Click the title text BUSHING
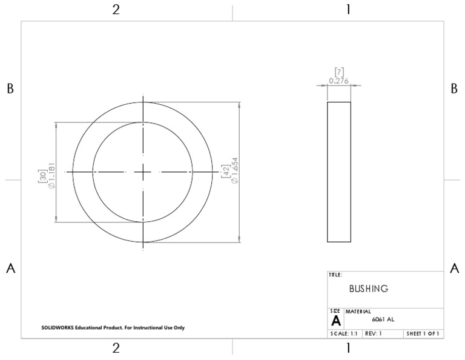(368, 289)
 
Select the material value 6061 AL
(383, 319)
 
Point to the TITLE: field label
(335, 275)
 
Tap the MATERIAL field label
(357, 312)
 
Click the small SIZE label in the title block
(335, 311)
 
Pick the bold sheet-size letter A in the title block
(335, 320)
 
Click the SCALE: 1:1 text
(343, 333)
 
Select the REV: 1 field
(373, 333)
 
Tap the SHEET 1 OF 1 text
(423, 333)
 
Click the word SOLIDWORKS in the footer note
(55, 328)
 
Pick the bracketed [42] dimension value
(225, 171)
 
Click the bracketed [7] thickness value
(339, 72)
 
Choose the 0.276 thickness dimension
(339, 80)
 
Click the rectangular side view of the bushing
(339, 172)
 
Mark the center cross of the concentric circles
(143, 172)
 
